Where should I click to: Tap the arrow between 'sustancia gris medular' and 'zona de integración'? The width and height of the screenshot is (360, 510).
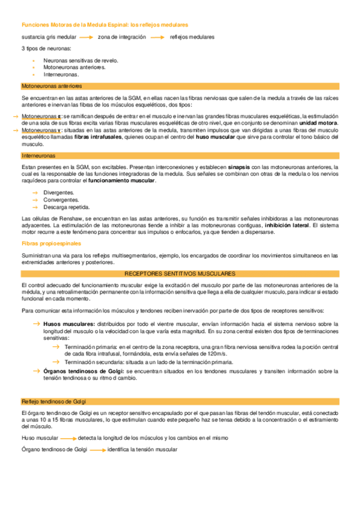(87, 37)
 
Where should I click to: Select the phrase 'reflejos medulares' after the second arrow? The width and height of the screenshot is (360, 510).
(192, 37)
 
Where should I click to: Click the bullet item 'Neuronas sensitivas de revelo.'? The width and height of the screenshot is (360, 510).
(81, 61)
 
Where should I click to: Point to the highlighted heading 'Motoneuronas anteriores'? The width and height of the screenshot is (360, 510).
(52, 87)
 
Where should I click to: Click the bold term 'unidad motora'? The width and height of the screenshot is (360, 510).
(320, 123)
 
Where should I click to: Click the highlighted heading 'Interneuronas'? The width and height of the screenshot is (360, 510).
(38, 155)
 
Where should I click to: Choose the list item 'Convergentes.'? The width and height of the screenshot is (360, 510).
(61, 200)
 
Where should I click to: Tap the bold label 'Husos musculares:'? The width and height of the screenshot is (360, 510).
(69, 324)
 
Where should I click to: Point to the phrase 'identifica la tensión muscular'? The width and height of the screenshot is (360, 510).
(142, 450)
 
